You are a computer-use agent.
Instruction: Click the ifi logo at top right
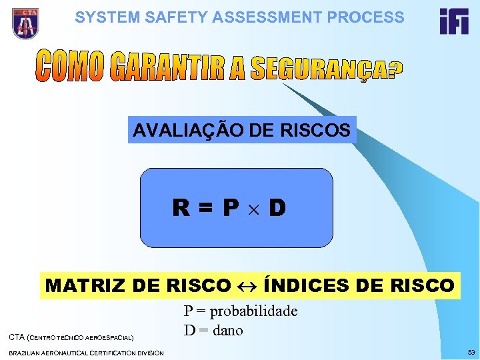coord(454,21)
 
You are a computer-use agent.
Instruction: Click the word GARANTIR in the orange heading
coord(166,65)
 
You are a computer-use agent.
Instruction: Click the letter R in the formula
coord(179,209)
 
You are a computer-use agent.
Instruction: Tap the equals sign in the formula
coord(204,209)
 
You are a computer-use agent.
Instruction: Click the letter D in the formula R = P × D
coord(277,209)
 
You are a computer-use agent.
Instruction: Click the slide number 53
coord(471,351)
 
